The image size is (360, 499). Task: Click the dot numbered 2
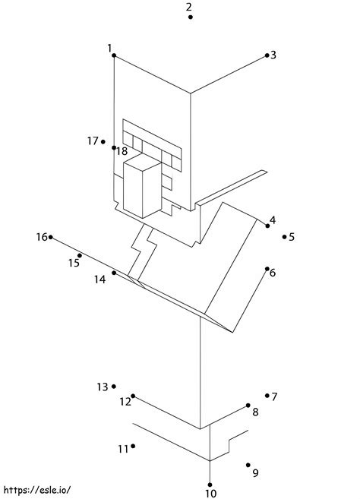click(191, 17)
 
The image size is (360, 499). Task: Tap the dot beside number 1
click(114, 55)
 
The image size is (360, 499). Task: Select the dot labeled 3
click(267, 55)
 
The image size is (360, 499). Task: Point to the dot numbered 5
click(284, 237)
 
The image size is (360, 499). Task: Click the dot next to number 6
click(267, 269)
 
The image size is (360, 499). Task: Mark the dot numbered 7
click(267, 396)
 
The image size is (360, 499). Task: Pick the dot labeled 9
click(248, 465)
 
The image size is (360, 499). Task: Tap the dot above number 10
click(210, 485)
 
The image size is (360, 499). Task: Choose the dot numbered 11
click(133, 446)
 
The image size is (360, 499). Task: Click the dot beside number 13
click(114, 387)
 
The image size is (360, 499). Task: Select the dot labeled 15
click(80, 255)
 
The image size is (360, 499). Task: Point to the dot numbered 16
click(51, 237)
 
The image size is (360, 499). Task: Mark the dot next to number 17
click(103, 141)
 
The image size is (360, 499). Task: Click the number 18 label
click(122, 151)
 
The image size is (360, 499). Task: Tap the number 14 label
click(99, 280)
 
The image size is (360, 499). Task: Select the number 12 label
click(125, 402)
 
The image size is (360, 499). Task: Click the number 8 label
click(255, 412)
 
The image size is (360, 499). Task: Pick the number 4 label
click(273, 219)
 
